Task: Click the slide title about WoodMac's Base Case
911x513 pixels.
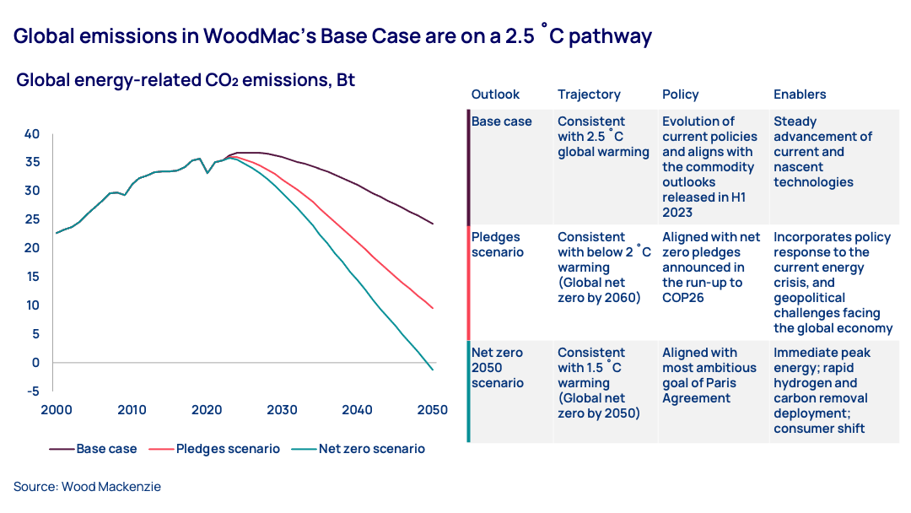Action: tap(333, 36)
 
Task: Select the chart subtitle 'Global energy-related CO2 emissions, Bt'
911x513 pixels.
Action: tap(186, 81)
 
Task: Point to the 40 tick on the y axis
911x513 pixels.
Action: tap(32, 133)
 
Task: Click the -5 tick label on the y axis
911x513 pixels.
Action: tap(32, 391)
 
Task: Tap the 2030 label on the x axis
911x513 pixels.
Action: tap(282, 410)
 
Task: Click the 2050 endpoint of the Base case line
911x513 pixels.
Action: tap(433, 224)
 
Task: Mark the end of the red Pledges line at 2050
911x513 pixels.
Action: tap(433, 308)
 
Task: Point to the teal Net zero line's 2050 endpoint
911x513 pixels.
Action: tap(433, 370)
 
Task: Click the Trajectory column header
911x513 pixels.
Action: tap(589, 94)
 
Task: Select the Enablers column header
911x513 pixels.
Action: tap(800, 94)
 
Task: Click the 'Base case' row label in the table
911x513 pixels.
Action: tap(502, 121)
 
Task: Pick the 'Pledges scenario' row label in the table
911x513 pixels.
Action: tap(498, 245)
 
